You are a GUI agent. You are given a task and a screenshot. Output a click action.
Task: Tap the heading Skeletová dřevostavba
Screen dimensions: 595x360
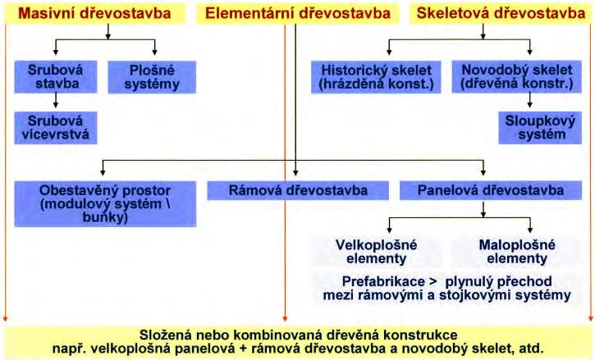(501, 13)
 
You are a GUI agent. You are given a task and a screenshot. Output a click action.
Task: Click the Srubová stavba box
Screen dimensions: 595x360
(55, 75)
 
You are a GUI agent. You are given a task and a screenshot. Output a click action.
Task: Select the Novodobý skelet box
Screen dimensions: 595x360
(506, 75)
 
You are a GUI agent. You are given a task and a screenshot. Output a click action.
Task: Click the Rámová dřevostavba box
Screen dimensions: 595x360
(298, 191)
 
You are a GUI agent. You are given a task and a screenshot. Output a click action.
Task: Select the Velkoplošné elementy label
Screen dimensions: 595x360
(378, 251)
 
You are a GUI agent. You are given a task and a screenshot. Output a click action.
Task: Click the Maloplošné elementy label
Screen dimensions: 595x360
(516, 251)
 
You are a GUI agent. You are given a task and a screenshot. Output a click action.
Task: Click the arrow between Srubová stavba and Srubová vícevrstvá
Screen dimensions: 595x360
(55, 101)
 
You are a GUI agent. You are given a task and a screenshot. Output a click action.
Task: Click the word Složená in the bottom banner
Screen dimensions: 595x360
(164, 335)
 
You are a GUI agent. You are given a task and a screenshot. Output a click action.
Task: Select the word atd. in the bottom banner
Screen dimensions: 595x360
(529, 348)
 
